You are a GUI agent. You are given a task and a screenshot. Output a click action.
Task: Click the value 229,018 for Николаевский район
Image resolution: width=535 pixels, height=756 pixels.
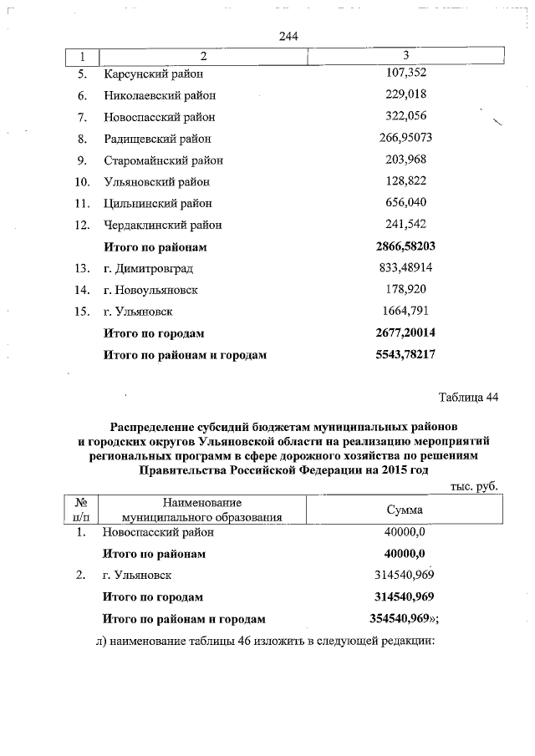pos(405,95)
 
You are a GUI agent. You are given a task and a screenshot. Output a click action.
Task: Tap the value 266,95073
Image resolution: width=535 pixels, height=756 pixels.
pos(405,138)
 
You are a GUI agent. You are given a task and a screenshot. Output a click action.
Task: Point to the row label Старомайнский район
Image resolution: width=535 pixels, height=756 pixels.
pos(163,160)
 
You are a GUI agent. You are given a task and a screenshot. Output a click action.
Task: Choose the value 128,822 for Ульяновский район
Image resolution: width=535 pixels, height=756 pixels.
pos(405,180)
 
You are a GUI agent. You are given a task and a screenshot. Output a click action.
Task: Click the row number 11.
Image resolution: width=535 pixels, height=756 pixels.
pos(82,203)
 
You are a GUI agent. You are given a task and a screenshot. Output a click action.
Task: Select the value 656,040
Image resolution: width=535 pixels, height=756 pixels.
pos(405,202)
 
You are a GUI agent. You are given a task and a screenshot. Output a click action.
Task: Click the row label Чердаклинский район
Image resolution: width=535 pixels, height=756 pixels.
pos(162,225)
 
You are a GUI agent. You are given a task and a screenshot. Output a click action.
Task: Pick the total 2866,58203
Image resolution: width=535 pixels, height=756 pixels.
pos(405,246)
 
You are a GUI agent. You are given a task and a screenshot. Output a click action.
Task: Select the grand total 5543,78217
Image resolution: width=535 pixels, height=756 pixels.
pos(405,354)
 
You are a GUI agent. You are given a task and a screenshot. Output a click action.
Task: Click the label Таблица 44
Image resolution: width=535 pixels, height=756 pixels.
pos(468,397)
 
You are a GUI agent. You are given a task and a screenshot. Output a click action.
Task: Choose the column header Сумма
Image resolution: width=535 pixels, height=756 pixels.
pos(405,510)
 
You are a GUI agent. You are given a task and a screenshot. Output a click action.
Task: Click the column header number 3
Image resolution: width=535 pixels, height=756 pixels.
pos(405,56)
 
